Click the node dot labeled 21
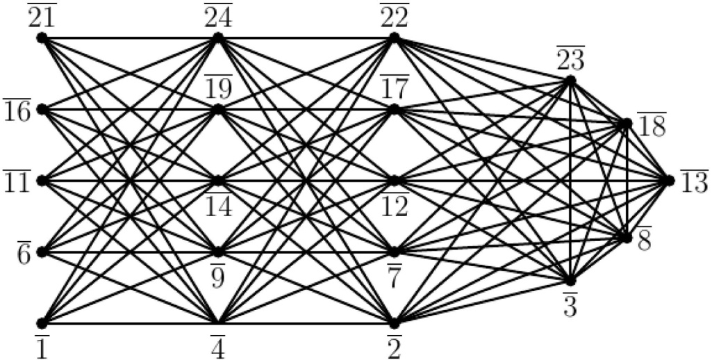point(42,38)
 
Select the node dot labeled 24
point(218,38)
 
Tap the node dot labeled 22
point(395,38)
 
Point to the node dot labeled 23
point(571,81)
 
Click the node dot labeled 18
point(627,124)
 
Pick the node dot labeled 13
point(669,181)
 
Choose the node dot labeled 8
point(627,238)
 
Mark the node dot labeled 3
point(571,281)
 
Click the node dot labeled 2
point(395,323)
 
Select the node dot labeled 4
point(218,323)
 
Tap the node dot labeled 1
point(42,323)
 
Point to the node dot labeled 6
point(42,252)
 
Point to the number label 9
point(218,273)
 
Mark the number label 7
point(395,273)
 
